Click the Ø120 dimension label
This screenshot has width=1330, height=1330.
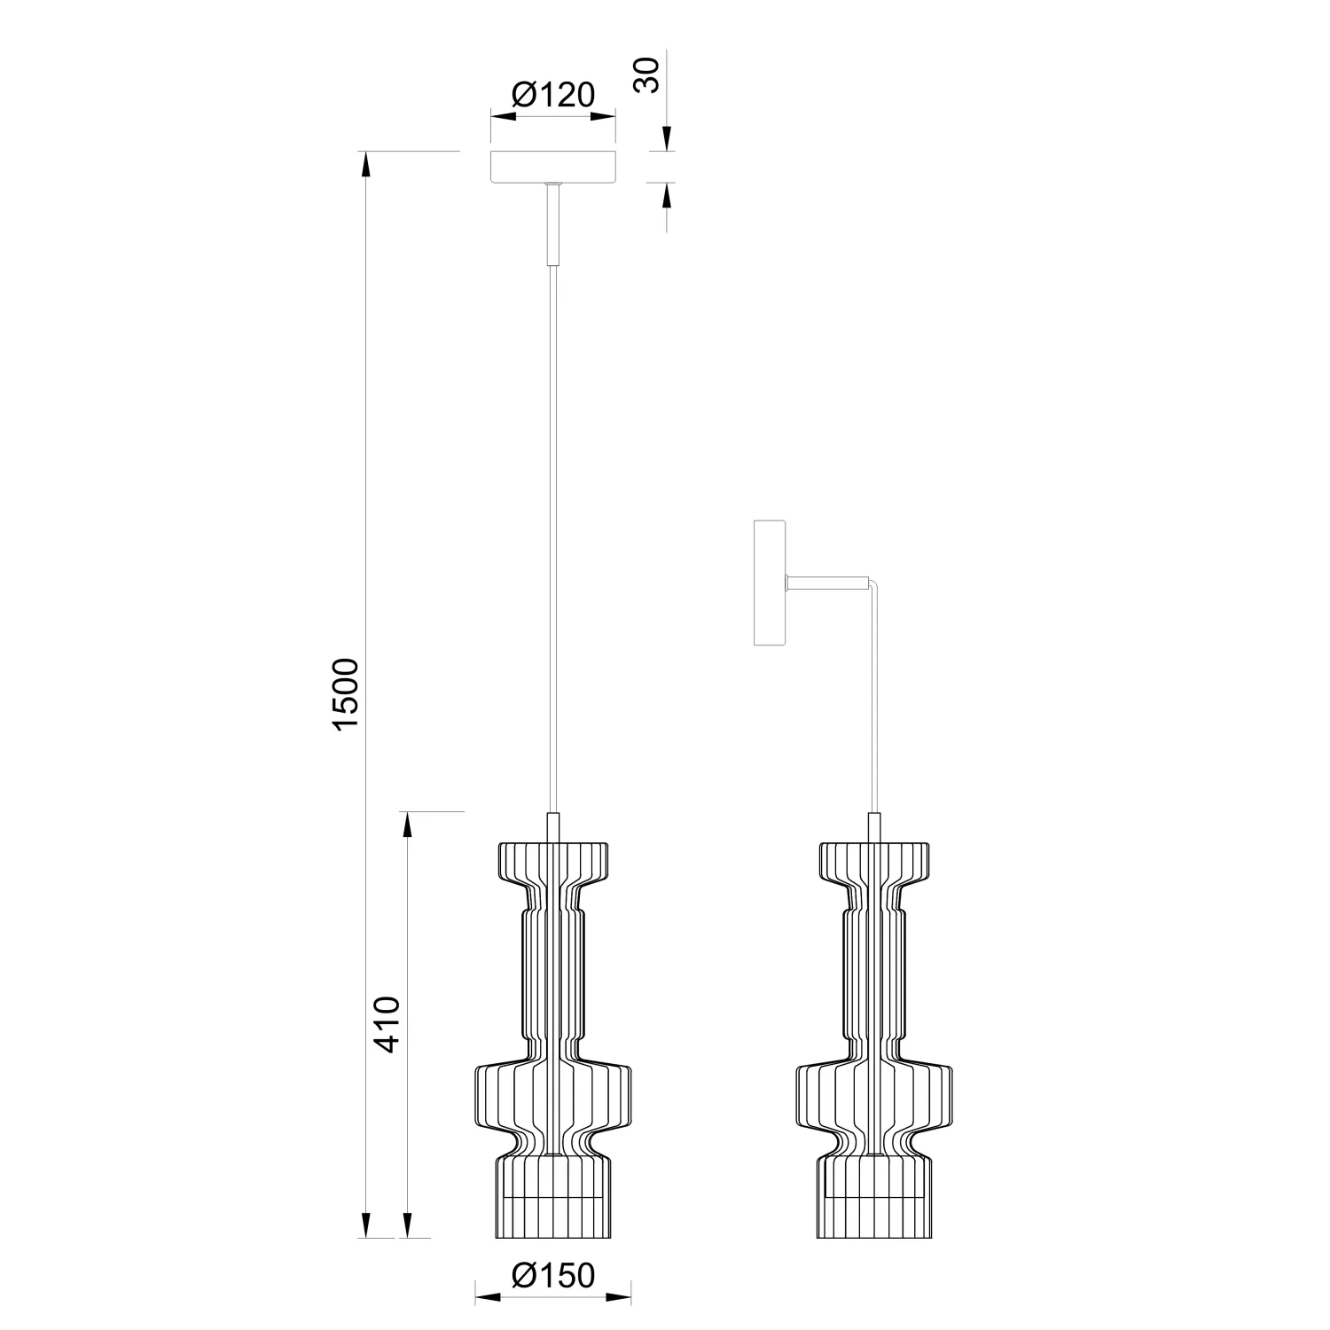click(553, 94)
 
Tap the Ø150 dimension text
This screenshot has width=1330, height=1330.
click(553, 1275)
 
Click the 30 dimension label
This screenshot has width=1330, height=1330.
click(649, 74)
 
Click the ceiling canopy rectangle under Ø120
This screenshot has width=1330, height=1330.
click(553, 168)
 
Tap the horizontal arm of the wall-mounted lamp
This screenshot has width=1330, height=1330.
click(828, 583)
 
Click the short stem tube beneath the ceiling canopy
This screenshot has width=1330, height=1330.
click(553, 223)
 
